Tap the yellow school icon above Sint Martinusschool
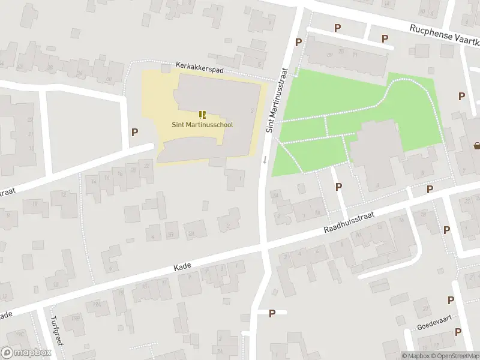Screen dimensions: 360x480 click(x=202, y=114)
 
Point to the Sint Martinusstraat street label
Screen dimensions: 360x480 click(x=277, y=99)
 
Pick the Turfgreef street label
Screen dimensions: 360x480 click(x=56, y=331)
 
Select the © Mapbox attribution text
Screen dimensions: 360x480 click(x=415, y=356)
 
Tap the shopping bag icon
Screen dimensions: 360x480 click(x=477, y=145)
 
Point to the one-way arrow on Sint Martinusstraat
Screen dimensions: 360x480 click(x=265, y=160)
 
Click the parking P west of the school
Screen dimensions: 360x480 click(x=135, y=133)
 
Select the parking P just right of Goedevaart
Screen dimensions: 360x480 click(x=458, y=332)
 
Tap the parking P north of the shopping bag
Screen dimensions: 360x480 click(x=461, y=96)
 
